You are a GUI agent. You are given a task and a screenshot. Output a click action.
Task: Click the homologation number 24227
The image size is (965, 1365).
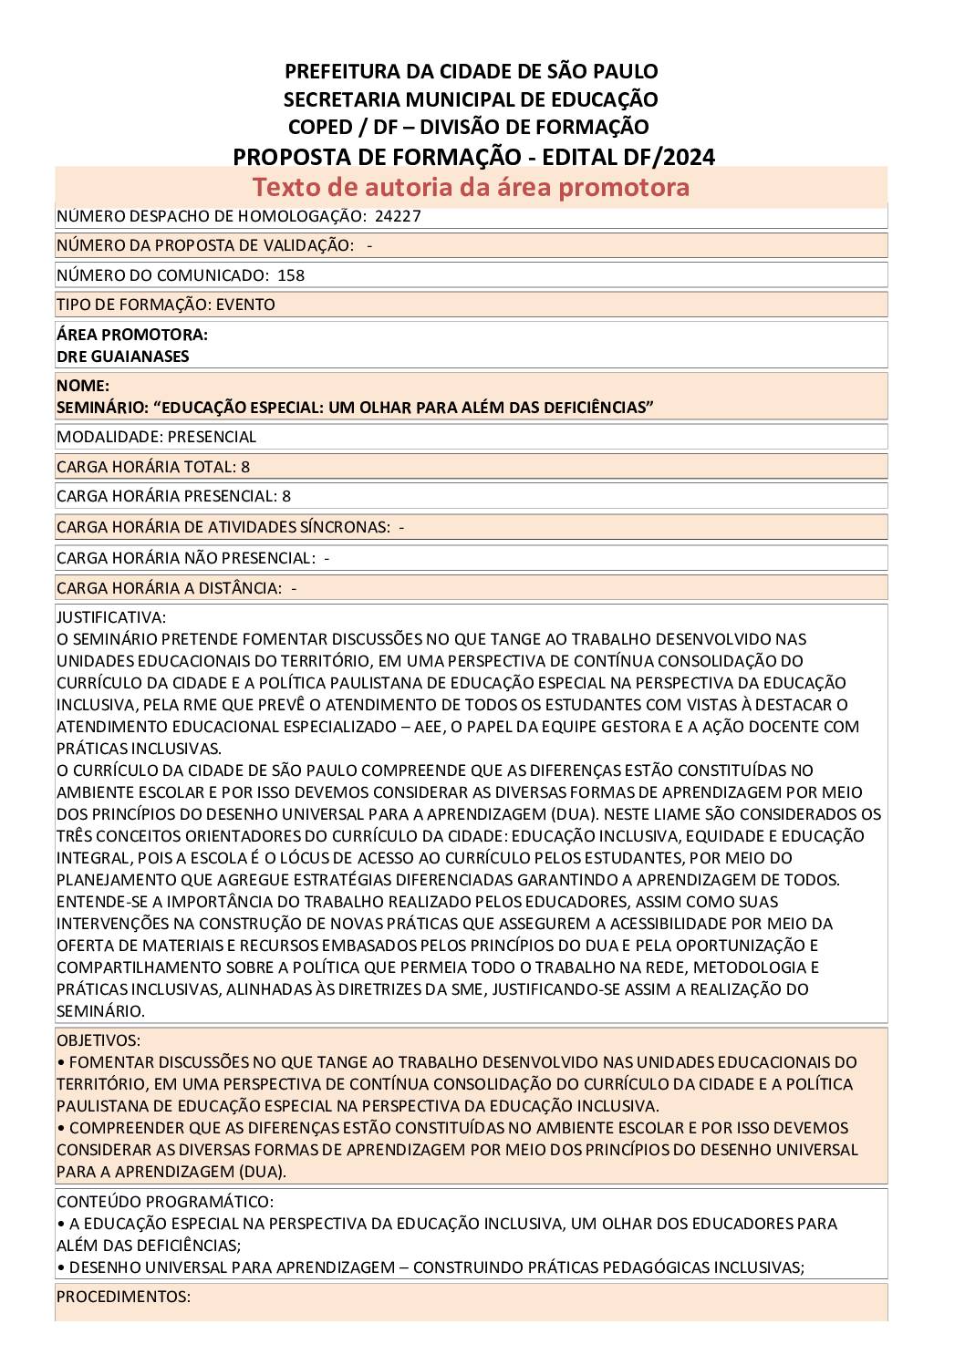tap(398, 216)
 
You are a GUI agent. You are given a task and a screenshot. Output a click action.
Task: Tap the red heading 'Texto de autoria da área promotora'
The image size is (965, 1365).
tap(471, 187)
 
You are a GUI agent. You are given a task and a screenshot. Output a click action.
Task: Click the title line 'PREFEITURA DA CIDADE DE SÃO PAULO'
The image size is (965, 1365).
tap(471, 71)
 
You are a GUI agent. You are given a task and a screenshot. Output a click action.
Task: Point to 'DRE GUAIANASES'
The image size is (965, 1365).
tap(122, 357)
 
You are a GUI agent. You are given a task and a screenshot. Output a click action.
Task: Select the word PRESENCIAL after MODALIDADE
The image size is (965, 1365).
tap(212, 437)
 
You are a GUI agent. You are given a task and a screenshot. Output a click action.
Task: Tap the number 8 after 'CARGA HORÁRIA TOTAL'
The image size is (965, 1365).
tap(245, 467)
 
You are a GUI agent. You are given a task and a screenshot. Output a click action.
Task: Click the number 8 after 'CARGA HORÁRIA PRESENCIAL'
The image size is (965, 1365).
tap(286, 497)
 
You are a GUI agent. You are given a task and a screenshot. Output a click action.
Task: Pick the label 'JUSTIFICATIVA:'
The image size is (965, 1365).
tap(111, 617)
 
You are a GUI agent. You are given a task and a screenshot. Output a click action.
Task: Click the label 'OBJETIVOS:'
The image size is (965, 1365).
tap(99, 1040)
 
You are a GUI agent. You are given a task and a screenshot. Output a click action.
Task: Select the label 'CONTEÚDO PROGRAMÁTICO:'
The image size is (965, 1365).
tap(165, 1202)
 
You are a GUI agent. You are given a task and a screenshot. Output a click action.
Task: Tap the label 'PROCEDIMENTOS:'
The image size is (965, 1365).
tap(123, 1297)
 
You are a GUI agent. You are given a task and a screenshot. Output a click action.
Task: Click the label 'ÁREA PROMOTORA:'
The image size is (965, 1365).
tap(132, 336)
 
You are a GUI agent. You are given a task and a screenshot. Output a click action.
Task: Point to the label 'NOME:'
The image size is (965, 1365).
tap(83, 386)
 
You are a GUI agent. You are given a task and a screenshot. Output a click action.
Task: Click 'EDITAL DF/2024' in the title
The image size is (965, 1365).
tap(628, 157)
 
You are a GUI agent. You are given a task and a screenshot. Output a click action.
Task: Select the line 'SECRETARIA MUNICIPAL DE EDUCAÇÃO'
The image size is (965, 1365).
tap(471, 99)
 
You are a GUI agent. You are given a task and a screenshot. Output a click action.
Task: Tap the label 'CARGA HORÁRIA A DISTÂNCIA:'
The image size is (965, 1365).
tap(169, 588)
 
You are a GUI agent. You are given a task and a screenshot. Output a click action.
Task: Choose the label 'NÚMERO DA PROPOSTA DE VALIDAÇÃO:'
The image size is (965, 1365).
tap(205, 245)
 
